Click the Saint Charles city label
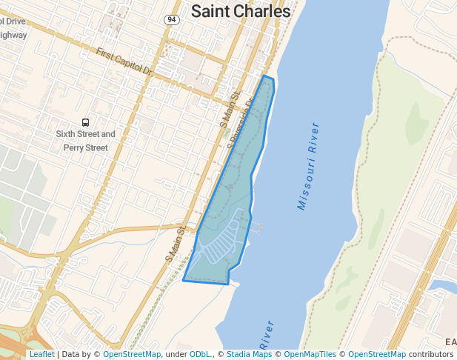240,11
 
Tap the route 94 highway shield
172,19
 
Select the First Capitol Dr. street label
124,62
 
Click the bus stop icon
86,122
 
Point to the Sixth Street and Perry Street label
86,141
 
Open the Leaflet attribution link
41,355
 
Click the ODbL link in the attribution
200,355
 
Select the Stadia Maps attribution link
249,355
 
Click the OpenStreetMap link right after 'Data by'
132,355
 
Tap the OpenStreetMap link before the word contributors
377,355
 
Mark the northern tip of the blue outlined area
265,76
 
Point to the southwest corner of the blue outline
184,280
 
